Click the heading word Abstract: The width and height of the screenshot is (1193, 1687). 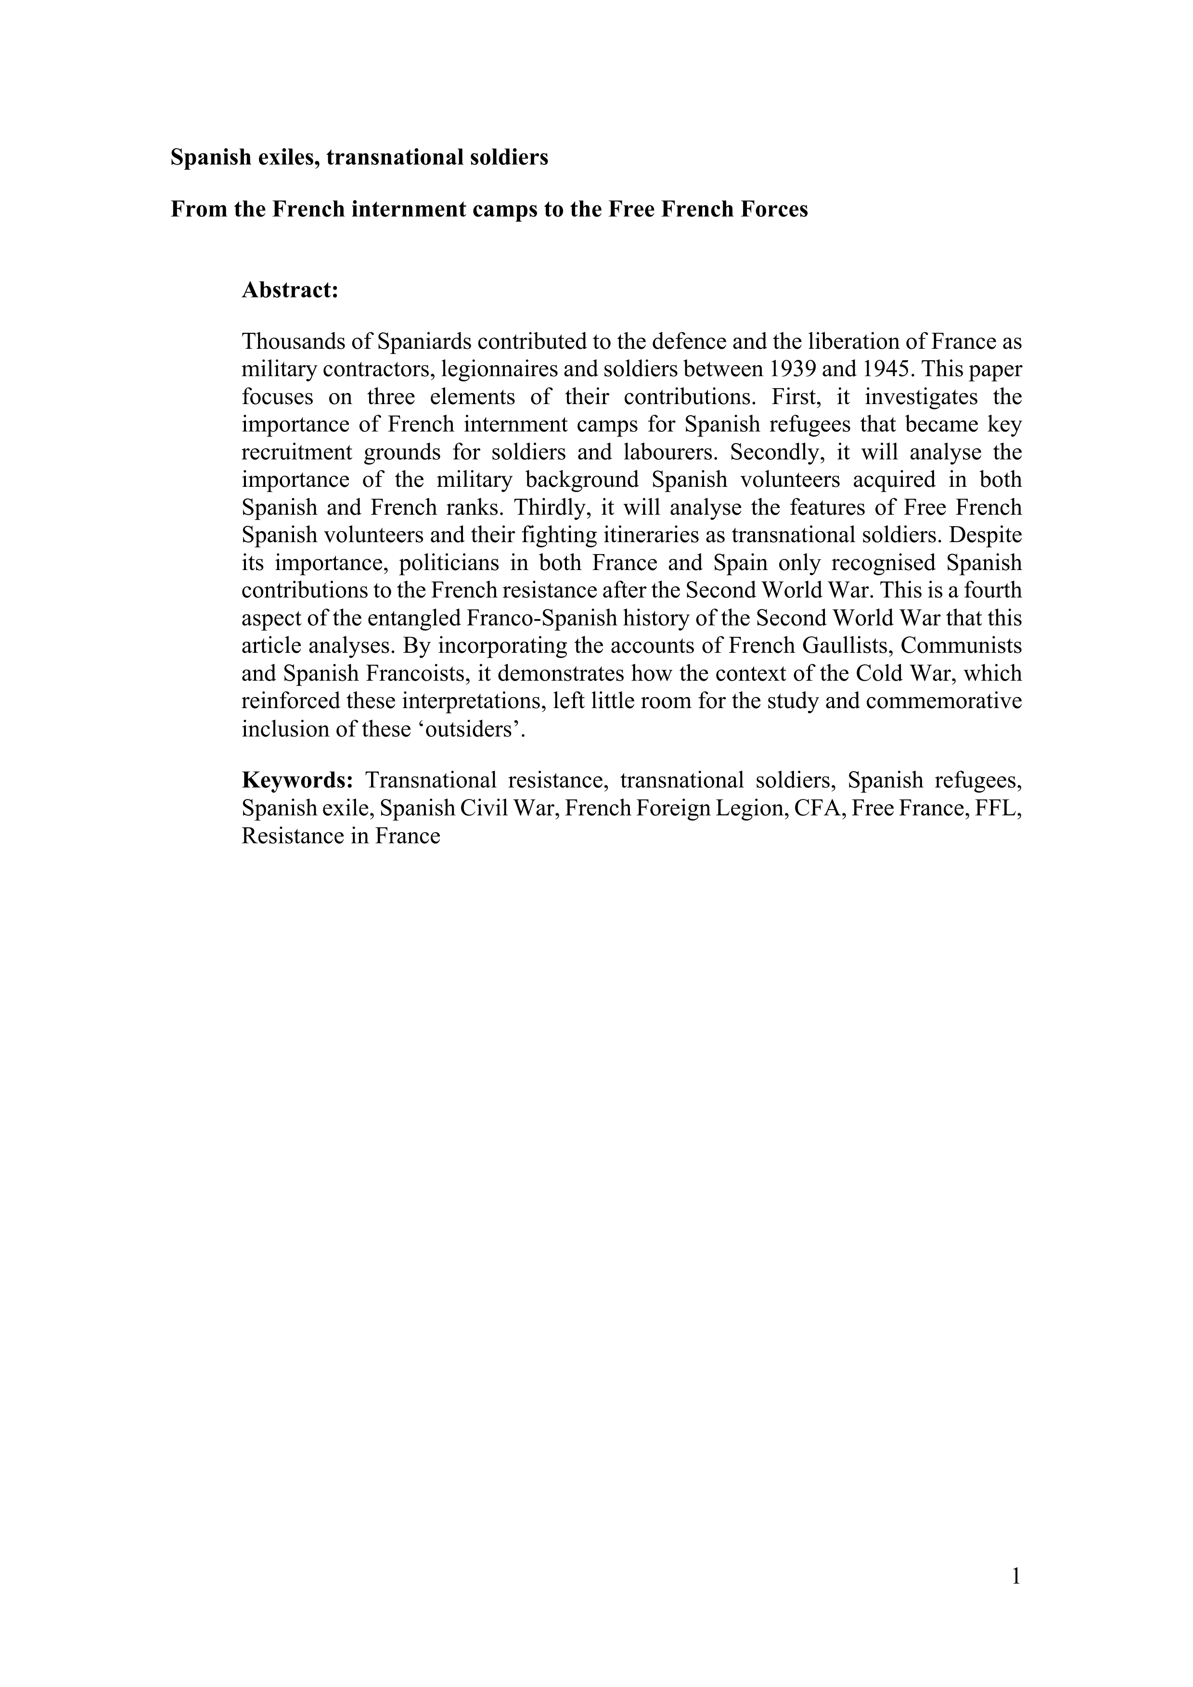290,290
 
